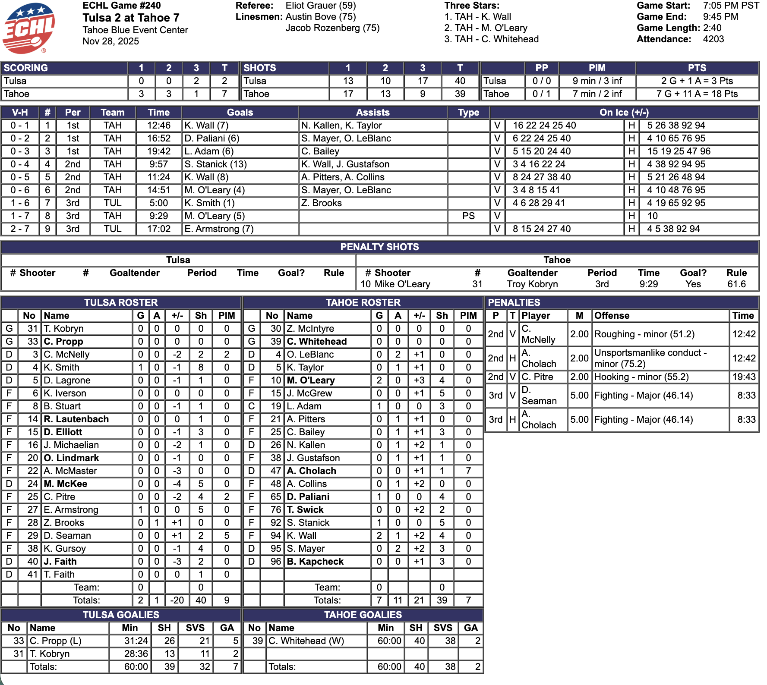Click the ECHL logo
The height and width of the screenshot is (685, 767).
pos(28,28)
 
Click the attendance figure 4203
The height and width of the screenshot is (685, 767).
pos(713,39)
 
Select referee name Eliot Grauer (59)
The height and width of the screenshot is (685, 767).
pos(321,6)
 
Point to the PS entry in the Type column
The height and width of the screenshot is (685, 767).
pos(468,216)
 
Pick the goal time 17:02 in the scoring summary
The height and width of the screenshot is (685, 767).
pos(158,229)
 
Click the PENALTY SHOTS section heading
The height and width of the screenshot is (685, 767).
pos(379,247)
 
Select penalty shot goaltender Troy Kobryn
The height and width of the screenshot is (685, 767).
pos(532,284)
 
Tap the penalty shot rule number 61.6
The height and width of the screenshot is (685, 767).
pos(736,284)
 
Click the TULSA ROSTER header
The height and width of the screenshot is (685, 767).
pos(121,303)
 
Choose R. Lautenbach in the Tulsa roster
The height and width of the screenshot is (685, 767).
pos(76,419)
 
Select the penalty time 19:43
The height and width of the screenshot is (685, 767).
pos(744,377)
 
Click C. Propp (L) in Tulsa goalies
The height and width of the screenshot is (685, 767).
pos(56,641)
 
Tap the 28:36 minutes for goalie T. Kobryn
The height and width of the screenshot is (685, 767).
pos(136,654)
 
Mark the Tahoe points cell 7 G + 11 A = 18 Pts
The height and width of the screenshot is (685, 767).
pos(697,94)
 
